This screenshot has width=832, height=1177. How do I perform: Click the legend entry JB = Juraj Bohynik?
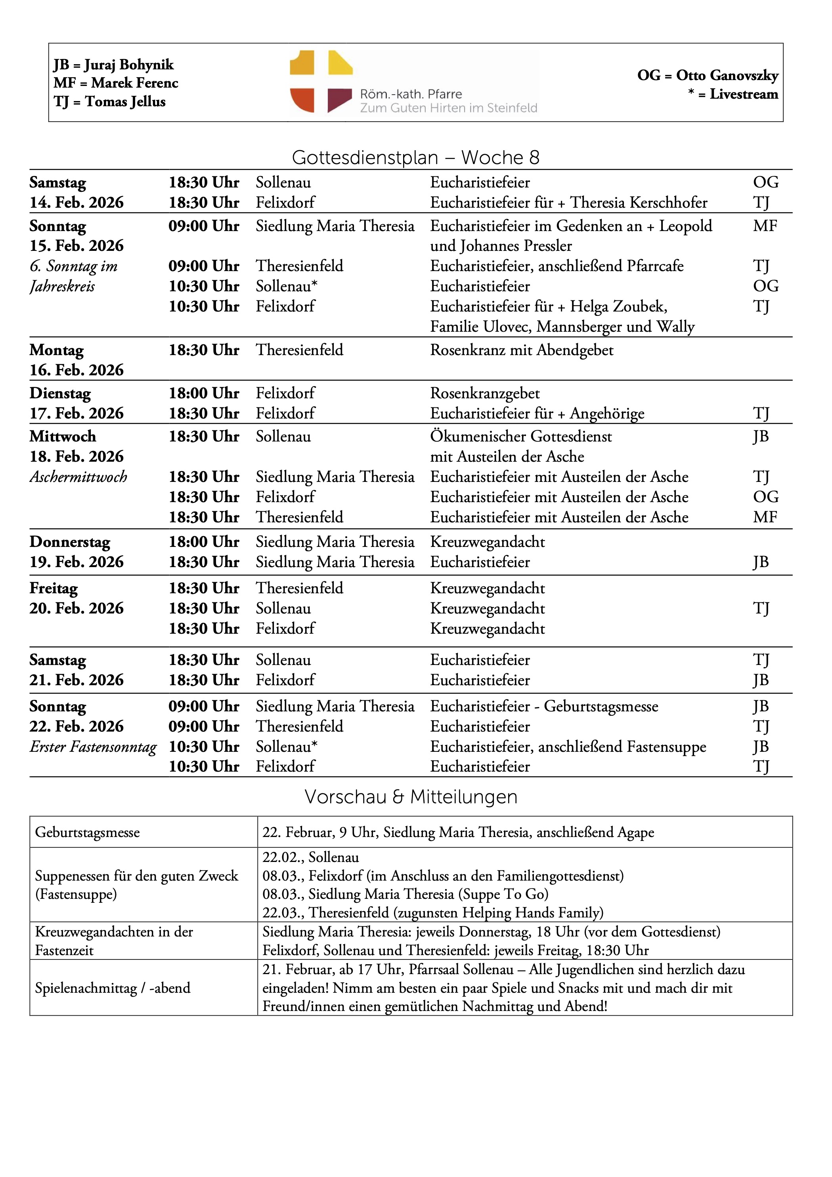(x=113, y=65)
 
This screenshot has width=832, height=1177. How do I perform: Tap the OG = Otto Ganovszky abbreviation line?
(x=708, y=75)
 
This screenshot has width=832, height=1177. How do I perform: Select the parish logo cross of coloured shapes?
(x=321, y=82)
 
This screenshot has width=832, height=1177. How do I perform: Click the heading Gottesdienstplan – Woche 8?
(x=415, y=157)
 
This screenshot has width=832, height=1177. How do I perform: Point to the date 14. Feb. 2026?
(x=77, y=203)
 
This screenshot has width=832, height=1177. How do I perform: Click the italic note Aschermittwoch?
(x=78, y=477)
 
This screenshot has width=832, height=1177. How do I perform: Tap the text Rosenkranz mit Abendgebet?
(x=521, y=350)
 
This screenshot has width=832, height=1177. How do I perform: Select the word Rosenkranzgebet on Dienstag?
(x=484, y=393)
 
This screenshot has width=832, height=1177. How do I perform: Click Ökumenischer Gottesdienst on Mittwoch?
(x=521, y=436)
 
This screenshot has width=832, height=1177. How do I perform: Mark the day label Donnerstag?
(x=70, y=542)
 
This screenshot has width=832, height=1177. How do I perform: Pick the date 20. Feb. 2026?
(x=77, y=608)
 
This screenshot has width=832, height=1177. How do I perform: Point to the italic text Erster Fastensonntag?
(x=93, y=747)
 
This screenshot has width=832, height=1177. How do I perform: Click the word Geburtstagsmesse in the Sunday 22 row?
(x=601, y=707)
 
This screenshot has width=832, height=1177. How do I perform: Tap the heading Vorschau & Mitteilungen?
(x=411, y=797)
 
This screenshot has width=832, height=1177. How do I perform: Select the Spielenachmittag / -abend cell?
(x=112, y=988)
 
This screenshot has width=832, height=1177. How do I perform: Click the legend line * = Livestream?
(x=733, y=94)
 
